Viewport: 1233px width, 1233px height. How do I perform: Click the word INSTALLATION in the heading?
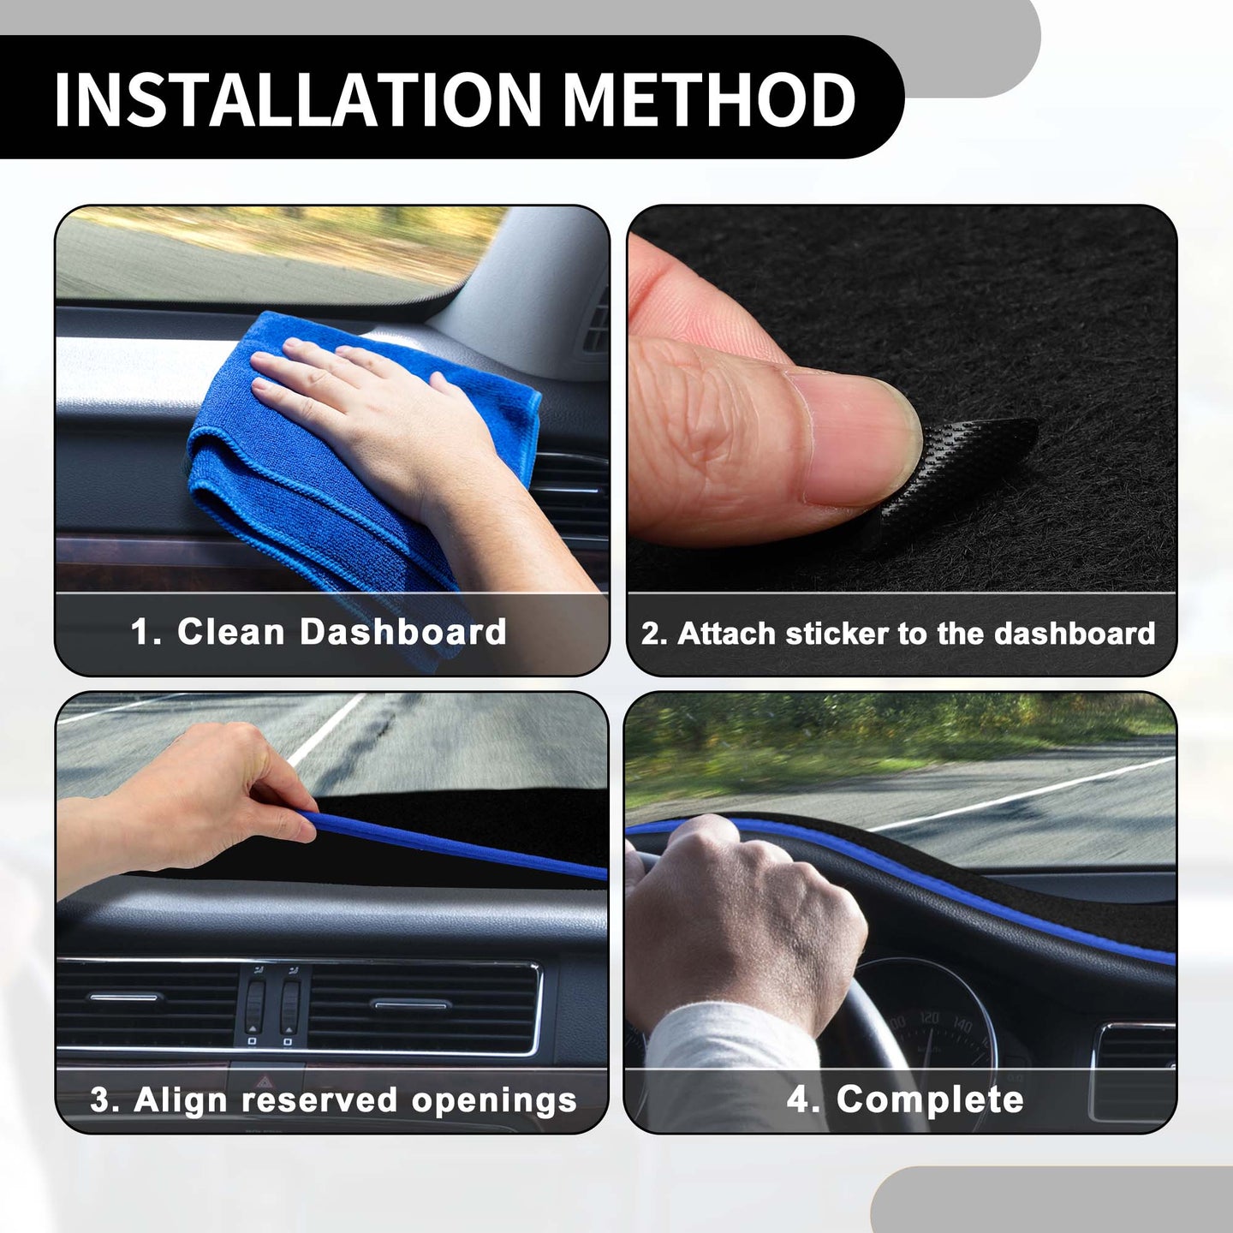point(298,100)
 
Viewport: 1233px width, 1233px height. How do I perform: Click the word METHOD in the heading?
point(709,100)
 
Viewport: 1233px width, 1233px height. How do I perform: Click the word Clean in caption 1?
point(230,632)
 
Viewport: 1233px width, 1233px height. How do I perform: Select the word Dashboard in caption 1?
point(403,632)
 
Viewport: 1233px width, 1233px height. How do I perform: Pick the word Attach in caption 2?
point(728,634)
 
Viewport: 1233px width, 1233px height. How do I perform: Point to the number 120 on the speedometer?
point(929,1017)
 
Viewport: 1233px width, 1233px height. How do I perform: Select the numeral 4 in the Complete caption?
point(799,1099)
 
